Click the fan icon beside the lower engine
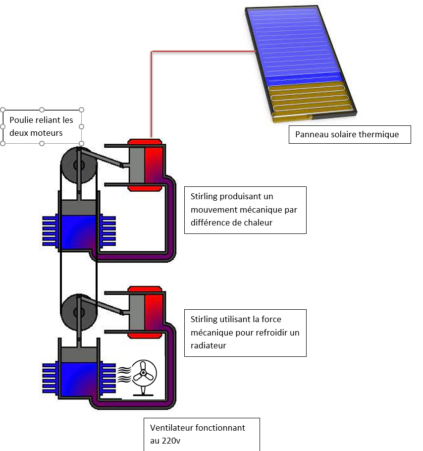pos(143,374)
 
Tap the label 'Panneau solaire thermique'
pos(347,134)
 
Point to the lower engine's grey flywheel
pos(79,312)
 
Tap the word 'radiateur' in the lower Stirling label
pos(208,345)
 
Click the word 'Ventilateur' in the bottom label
pos(169,427)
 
